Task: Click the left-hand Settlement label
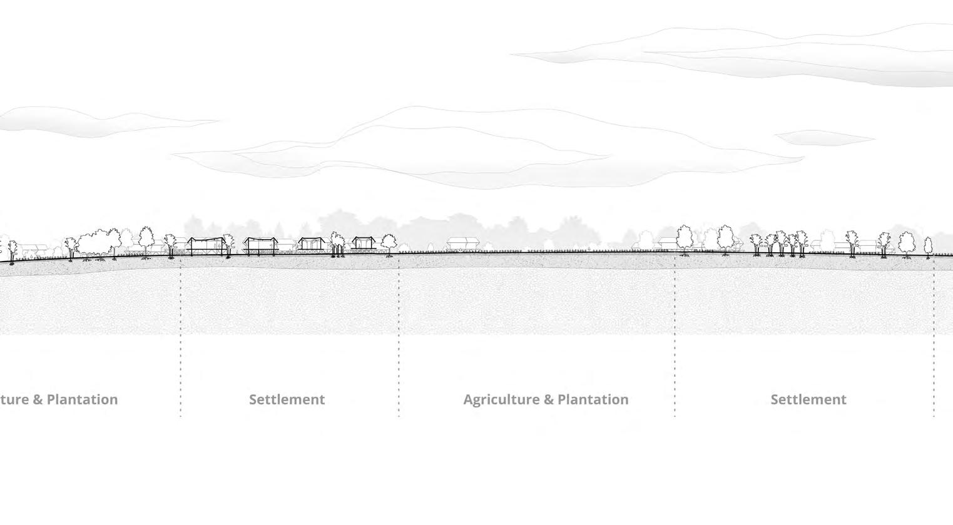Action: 287,399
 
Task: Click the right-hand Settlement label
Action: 808,399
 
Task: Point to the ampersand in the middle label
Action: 547,400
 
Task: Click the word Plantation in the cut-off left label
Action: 82,399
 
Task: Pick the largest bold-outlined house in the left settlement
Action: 206,245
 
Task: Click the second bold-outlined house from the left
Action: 260,246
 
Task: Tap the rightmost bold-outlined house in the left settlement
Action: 362,243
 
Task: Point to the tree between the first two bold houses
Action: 228,243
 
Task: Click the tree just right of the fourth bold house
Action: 389,242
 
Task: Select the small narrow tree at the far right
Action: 929,245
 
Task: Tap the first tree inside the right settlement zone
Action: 685,238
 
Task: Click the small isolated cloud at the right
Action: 823,137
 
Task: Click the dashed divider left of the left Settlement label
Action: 181,338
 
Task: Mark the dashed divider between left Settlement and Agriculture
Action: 399,338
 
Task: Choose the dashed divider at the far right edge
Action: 934,338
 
